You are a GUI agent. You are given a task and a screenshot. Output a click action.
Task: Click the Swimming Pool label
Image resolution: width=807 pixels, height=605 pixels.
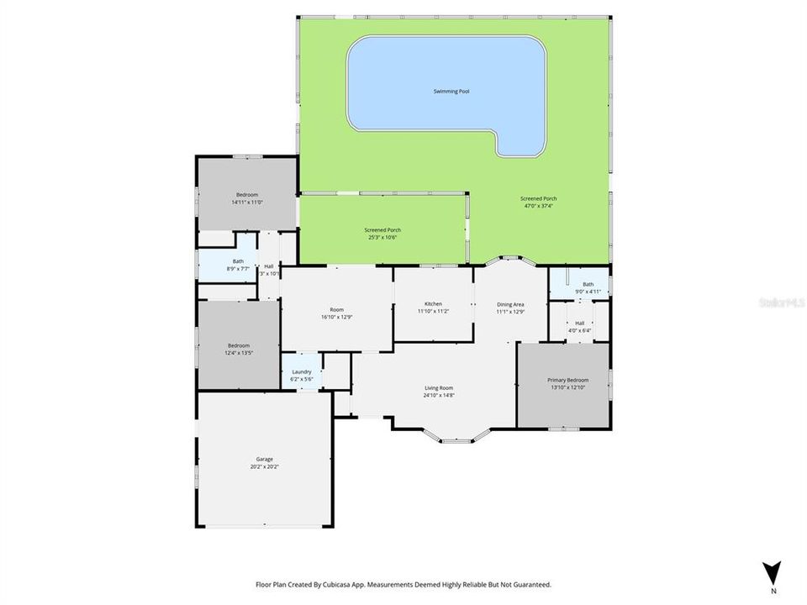pyautogui.click(x=451, y=91)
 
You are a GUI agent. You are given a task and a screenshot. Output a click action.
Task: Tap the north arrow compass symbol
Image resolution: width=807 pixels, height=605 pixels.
pyautogui.click(x=773, y=572)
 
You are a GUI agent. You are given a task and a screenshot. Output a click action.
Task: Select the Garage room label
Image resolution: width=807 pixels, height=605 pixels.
pyautogui.click(x=264, y=459)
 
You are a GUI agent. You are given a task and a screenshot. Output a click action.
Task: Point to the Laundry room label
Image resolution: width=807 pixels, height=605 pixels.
pyautogui.click(x=302, y=371)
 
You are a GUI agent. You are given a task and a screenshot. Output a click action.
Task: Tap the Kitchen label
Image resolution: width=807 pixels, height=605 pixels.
pyautogui.click(x=433, y=303)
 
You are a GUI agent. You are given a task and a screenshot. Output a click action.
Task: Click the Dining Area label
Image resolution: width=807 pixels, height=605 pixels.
pyautogui.click(x=511, y=304)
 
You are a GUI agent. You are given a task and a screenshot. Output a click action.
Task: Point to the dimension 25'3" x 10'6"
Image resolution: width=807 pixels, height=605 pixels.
pyautogui.click(x=382, y=238)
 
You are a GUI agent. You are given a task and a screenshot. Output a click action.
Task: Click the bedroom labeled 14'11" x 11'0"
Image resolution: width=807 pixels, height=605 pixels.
pyautogui.click(x=247, y=198)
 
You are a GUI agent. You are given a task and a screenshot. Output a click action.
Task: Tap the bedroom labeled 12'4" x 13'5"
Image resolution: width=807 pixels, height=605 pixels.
pyautogui.click(x=239, y=350)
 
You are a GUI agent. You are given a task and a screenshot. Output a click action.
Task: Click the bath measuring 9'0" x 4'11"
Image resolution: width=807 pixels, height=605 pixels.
pyautogui.click(x=588, y=288)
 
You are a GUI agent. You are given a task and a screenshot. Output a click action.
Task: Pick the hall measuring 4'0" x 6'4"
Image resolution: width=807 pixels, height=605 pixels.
pyautogui.click(x=579, y=327)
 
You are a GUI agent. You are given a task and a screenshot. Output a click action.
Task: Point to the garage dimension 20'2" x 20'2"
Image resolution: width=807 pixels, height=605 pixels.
pyautogui.click(x=264, y=466)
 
